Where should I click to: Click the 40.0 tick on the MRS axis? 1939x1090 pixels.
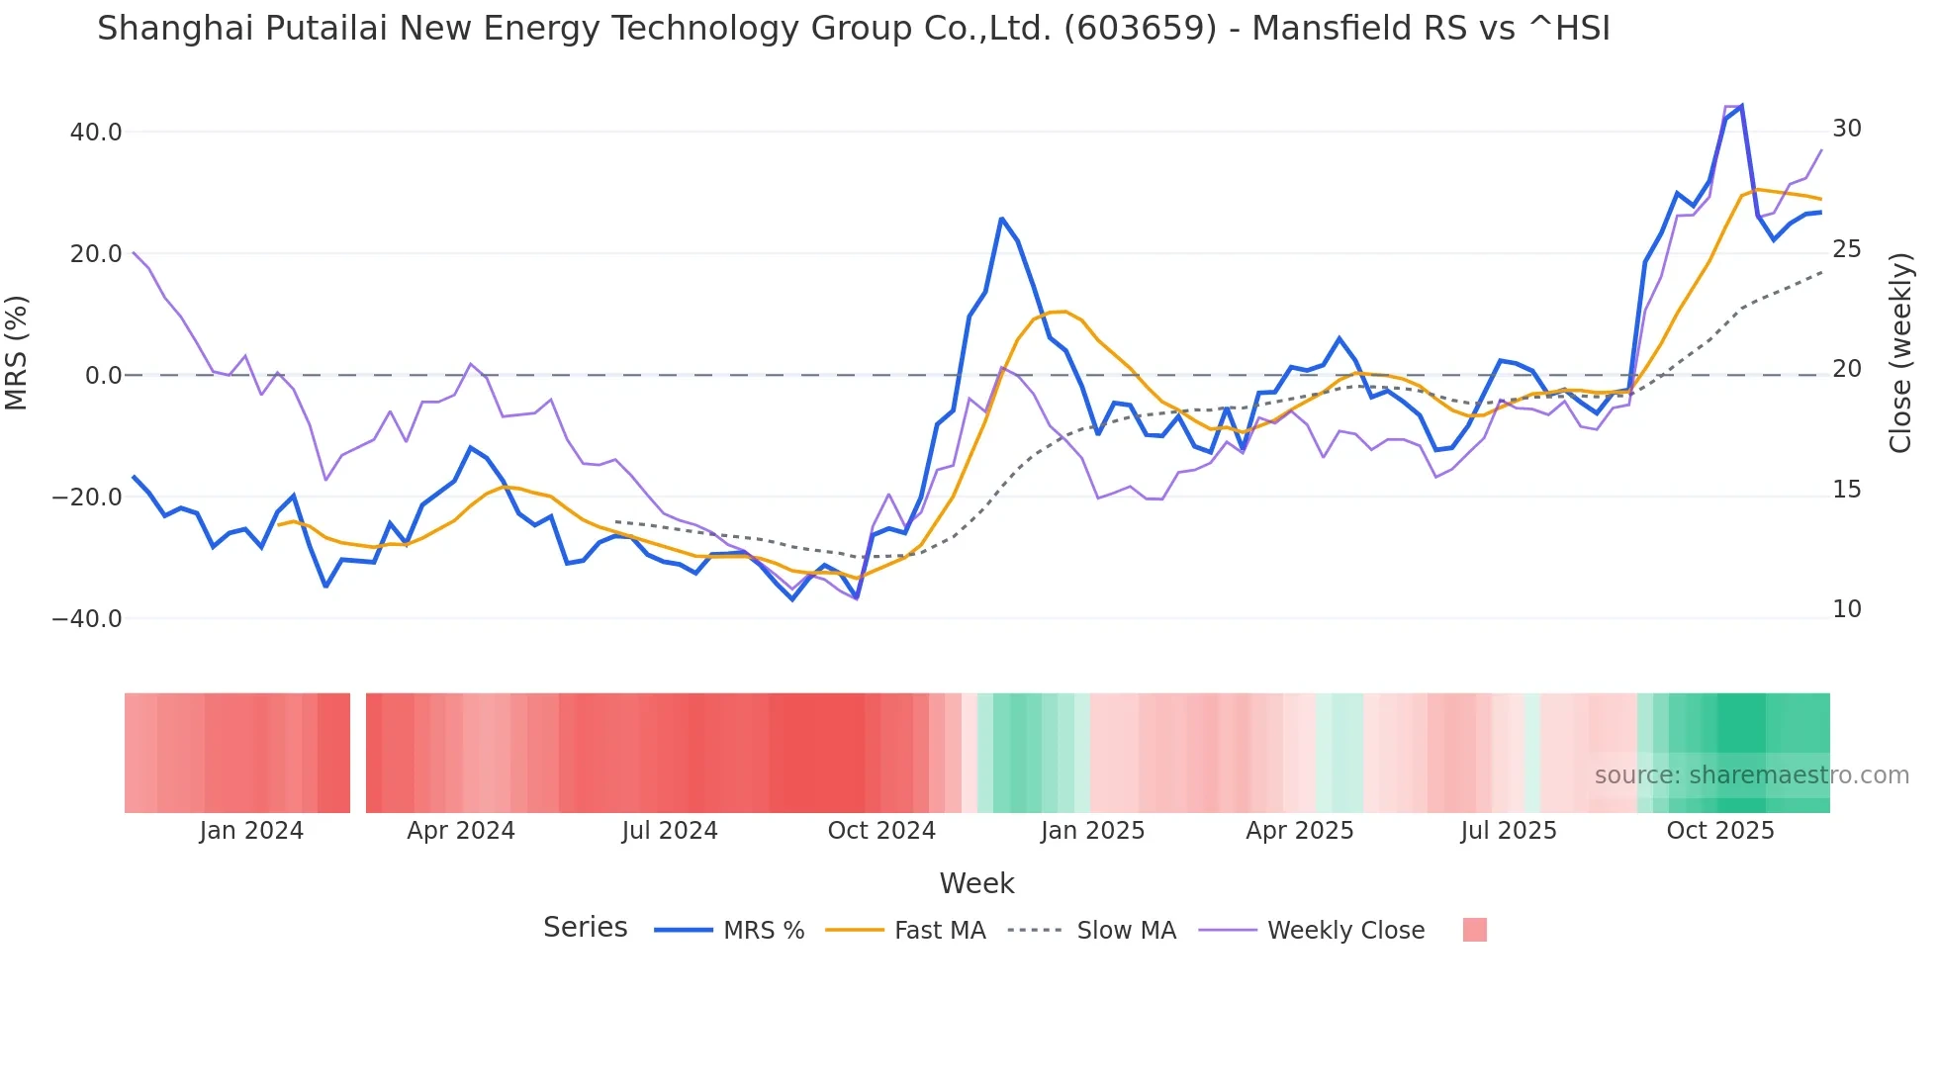coord(95,133)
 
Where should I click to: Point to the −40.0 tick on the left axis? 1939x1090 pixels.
coord(87,619)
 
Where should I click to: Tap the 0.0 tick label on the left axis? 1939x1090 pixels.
coord(103,376)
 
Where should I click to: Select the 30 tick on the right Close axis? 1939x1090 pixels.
coord(1847,129)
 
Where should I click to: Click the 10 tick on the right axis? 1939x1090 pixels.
coord(1847,609)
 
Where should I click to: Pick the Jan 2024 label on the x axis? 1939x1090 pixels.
coord(251,831)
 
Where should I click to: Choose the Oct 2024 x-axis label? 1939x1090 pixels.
coord(881,831)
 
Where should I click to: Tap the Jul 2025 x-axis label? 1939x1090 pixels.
coord(1509,831)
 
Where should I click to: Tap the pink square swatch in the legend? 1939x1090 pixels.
coord(1475,931)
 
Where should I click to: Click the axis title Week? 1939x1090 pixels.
coord(976,883)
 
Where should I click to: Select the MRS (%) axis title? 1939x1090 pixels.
coord(17,353)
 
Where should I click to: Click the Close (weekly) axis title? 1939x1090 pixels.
coord(1899,353)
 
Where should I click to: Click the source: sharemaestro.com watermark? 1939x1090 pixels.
coord(1751,775)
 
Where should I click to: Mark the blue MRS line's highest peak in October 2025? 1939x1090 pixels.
coord(1741,106)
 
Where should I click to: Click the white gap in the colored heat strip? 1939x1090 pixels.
coord(358,753)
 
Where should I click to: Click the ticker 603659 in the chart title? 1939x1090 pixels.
coord(1140,29)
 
